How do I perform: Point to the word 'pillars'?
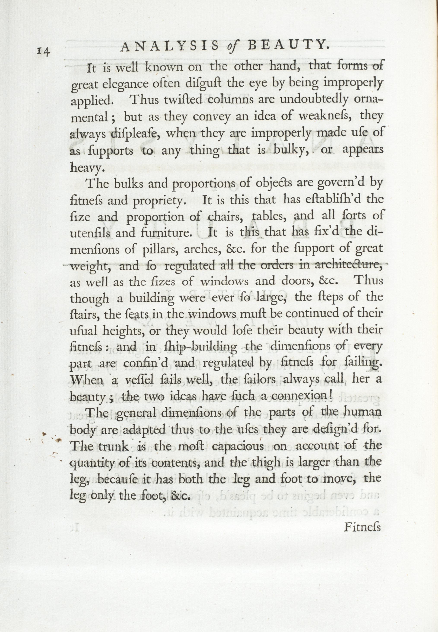point(160,249)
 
